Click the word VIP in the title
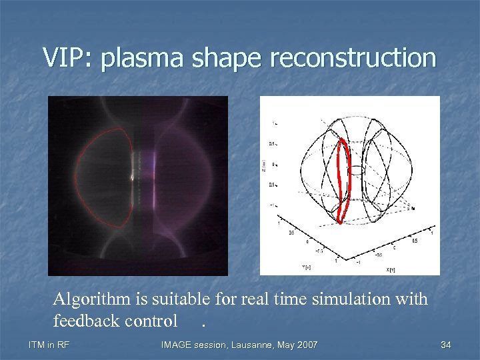(x=68, y=58)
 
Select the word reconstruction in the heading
(x=353, y=58)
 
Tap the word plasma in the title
(x=142, y=59)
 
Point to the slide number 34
(x=446, y=345)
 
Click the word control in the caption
(x=155, y=321)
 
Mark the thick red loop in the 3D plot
(x=344, y=180)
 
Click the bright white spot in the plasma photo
(x=132, y=178)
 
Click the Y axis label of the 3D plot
(x=287, y=266)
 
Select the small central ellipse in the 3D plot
(x=356, y=170)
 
